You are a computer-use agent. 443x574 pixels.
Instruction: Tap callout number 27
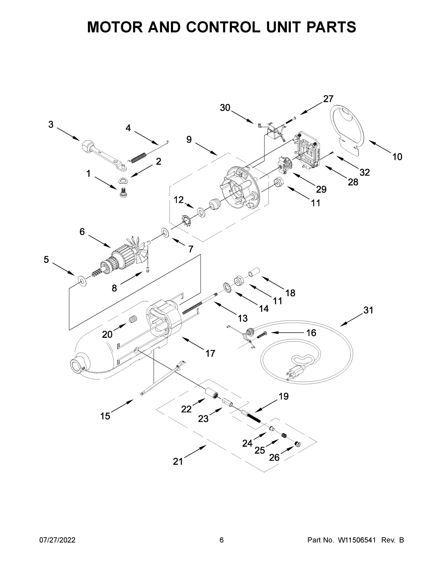coord(328,99)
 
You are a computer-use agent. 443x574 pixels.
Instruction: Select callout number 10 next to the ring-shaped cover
coord(397,157)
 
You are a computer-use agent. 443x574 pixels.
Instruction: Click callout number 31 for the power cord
coord(368,310)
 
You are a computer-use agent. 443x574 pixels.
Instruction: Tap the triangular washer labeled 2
coord(123,181)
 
